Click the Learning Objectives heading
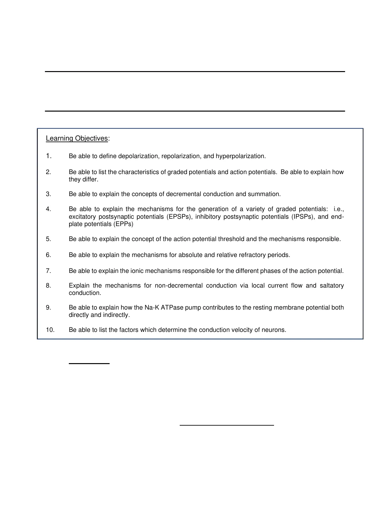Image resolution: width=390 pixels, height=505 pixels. [x=77, y=138]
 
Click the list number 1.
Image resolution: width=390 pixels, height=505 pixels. [x=48, y=156]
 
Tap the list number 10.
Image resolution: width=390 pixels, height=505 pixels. [x=50, y=330]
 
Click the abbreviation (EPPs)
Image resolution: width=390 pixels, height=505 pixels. [x=123, y=224]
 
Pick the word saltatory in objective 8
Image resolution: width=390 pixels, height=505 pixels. [x=331, y=286]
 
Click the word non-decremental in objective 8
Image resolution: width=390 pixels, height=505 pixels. [x=178, y=286]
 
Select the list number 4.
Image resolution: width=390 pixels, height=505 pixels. [x=48, y=209]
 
